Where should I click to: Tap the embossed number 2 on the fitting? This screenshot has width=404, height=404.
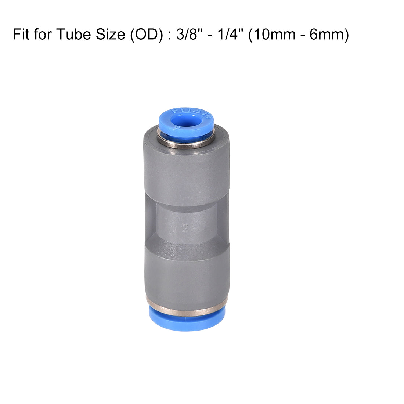185,229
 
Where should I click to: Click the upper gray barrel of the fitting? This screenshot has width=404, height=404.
186,173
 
